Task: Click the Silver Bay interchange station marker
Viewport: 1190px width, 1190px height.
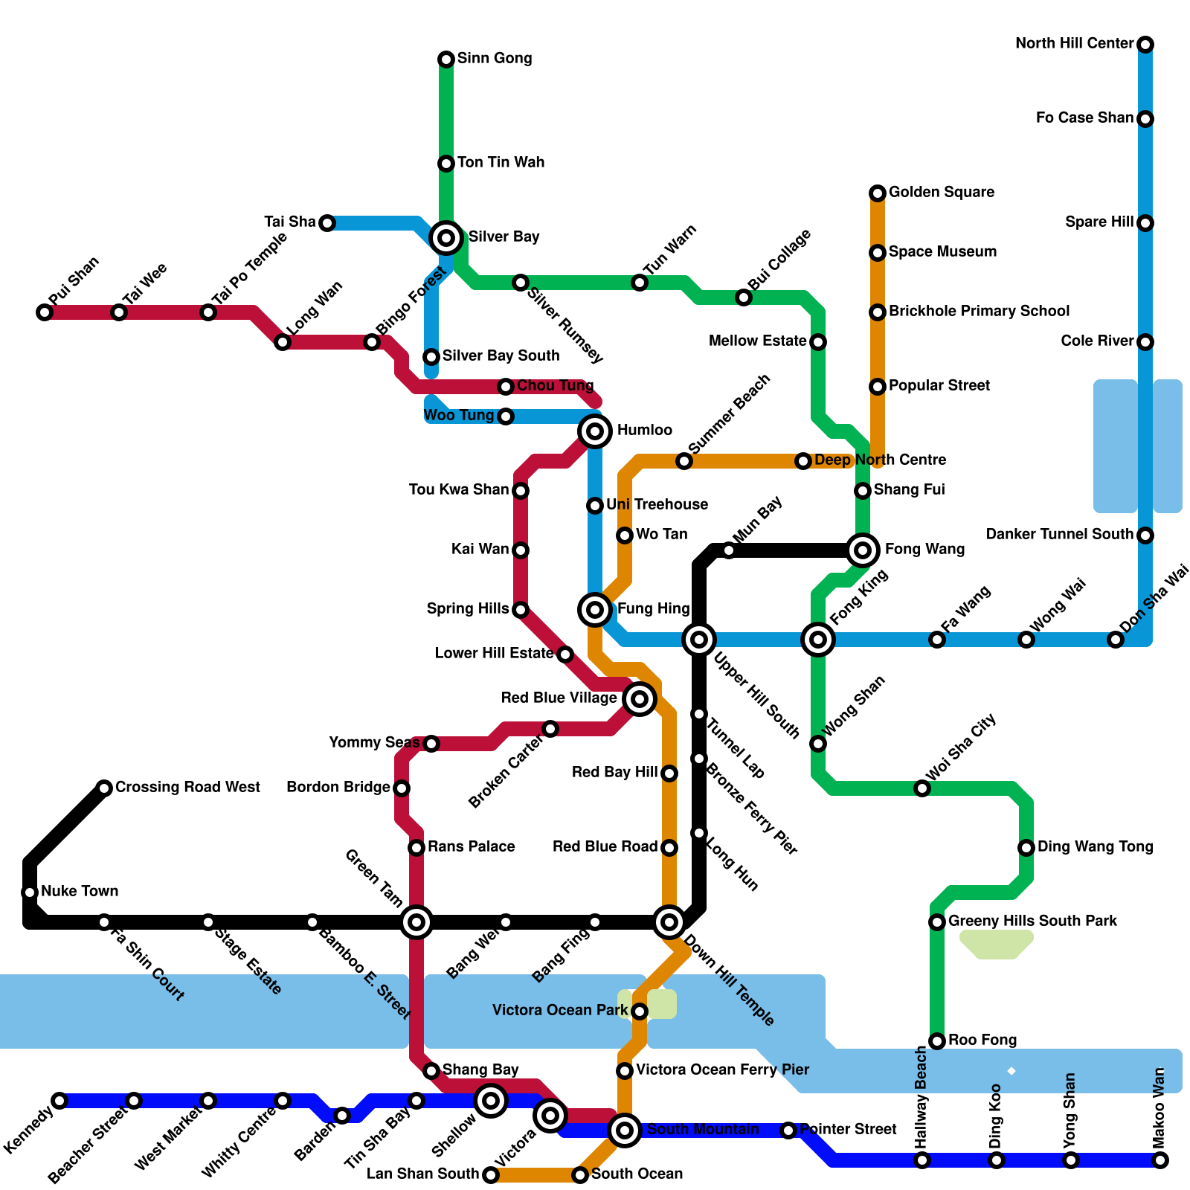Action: click(x=446, y=238)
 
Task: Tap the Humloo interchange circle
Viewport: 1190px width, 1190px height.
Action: click(x=595, y=431)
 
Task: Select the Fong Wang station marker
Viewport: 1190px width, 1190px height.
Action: click(x=863, y=550)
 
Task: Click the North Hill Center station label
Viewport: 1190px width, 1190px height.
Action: click(x=1074, y=44)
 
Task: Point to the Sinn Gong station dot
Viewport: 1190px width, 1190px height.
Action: click(x=446, y=59)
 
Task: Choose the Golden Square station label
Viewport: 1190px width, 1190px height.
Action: click(x=941, y=193)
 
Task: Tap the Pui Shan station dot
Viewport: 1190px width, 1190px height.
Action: click(x=45, y=312)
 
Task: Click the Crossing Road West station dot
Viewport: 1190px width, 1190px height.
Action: click(x=104, y=788)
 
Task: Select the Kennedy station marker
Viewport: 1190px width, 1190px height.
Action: click(x=59, y=1101)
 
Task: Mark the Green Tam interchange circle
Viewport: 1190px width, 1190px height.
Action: click(x=416, y=922)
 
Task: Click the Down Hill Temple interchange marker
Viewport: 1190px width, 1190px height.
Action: click(x=669, y=922)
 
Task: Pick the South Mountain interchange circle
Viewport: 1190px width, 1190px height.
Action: click(x=625, y=1130)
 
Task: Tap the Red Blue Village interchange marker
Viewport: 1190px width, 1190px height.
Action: click(x=640, y=699)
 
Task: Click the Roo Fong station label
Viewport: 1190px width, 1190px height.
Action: click(x=982, y=1041)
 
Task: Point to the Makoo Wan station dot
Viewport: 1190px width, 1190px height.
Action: click(x=1160, y=1160)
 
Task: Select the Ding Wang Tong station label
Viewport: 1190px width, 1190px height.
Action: click(x=1095, y=847)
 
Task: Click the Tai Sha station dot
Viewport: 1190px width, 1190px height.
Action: click(x=327, y=223)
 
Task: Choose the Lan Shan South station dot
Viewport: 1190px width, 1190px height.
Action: click(x=491, y=1175)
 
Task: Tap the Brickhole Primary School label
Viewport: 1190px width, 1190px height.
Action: click(x=979, y=312)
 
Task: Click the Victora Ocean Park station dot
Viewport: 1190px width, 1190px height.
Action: click(x=640, y=1011)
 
